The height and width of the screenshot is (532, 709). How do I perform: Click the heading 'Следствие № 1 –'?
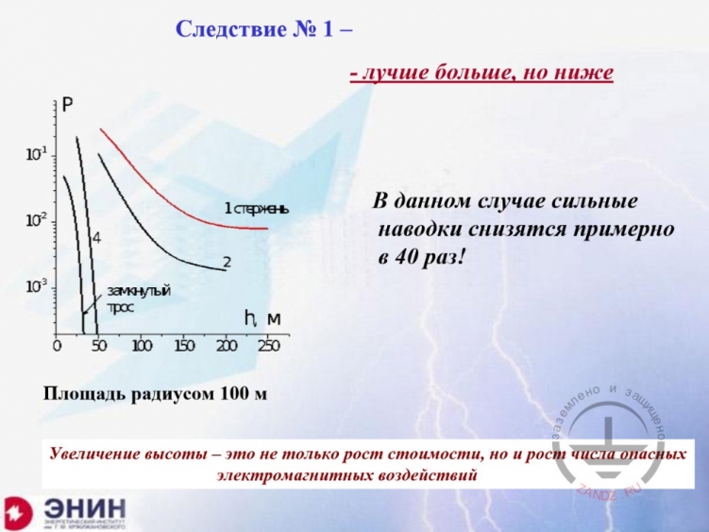pos(265,28)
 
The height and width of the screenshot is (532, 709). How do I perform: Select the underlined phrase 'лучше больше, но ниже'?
pos(482,73)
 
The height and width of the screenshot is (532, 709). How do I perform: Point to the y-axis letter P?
pos(68,106)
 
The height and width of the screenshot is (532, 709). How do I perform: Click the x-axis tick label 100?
pos(141,346)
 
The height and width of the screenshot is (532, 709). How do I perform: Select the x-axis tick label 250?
pos(269,346)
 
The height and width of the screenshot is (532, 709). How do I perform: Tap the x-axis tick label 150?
pos(183,346)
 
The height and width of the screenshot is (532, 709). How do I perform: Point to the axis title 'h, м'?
pos(262,318)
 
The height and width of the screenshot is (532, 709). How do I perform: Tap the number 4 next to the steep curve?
pos(96,236)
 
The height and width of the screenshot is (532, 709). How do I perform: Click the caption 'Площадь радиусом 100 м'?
pos(155,393)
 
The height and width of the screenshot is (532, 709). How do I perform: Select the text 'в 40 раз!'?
pos(422,255)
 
